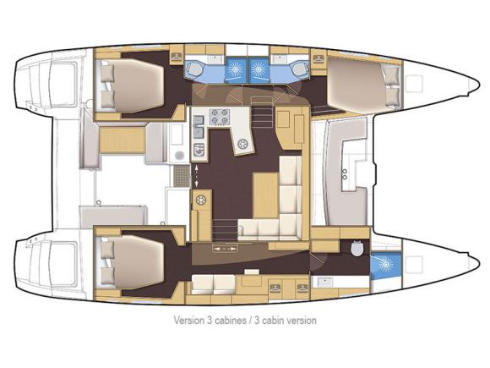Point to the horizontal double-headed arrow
[224, 250]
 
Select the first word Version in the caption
[189, 321]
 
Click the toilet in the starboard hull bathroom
[357, 249]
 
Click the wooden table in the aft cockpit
[122, 140]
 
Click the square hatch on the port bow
[414, 84]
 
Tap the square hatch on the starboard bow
[414, 264]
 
